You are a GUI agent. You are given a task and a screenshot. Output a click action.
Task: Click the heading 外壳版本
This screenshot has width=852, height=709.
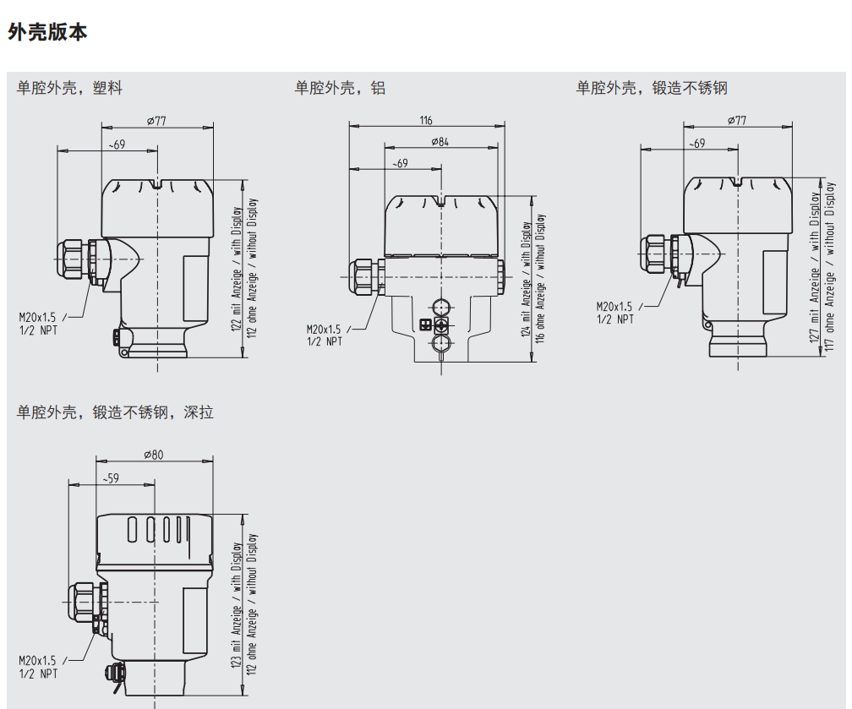click(x=47, y=33)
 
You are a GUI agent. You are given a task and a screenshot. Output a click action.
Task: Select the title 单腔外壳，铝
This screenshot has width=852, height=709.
click(x=340, y=88)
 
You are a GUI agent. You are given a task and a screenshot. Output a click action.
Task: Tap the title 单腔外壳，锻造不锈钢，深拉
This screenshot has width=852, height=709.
click(x=115, y=412)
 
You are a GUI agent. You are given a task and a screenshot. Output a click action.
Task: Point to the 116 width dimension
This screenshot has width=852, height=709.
click(x=426, y=120)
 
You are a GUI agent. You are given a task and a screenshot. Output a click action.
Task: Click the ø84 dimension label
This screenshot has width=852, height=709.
click(x=440, y=141)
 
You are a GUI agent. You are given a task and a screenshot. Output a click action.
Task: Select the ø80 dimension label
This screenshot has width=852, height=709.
click(x=154, y=455)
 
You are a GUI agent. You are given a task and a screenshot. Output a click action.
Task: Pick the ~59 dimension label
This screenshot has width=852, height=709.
click(x=111, y=478)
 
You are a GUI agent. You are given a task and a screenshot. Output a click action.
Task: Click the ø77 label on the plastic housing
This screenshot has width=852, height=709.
click(x=156, y=122)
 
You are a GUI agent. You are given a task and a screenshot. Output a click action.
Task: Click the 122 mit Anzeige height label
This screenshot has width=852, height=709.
click(x=237, y=270)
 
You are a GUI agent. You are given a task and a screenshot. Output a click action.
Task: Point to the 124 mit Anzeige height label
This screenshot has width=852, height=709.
click(x=527, y=279)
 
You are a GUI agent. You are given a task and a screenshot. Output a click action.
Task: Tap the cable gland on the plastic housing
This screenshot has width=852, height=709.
click(x=74, y=259)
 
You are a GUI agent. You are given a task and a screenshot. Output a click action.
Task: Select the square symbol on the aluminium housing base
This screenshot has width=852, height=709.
click(x=425, y=325)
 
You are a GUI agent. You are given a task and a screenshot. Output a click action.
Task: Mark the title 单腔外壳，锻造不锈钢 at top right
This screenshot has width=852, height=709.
click(x=652, y=88)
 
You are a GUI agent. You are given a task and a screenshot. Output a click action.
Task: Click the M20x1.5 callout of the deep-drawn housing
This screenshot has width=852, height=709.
click(x=37, y=661)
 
